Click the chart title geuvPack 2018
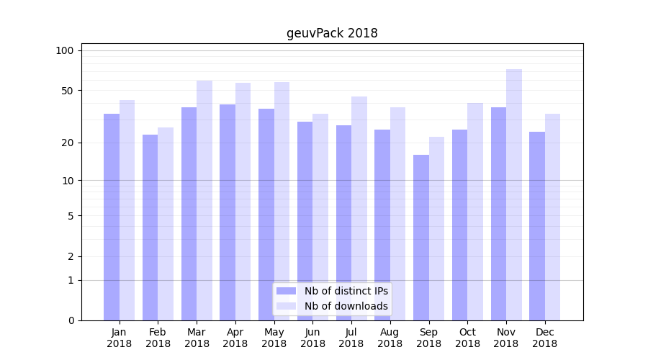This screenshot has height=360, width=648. [332, 33]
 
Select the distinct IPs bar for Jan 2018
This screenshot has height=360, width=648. [112, 217]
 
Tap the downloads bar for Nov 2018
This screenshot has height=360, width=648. [514, 194]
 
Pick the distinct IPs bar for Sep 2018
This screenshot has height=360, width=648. [421, 238]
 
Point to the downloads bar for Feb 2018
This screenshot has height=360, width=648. [166, 224]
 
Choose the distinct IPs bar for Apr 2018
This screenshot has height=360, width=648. [228, 212]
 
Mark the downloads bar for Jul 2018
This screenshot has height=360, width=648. [359, 208]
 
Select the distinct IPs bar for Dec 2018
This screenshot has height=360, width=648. [537, 226]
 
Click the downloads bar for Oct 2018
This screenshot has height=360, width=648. [475, 212]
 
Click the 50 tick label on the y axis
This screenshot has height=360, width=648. [68, 91]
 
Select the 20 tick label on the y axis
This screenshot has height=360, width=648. [68, 143]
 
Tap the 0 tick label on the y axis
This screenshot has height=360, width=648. [71, 320]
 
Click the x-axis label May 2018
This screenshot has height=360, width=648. [274, 338]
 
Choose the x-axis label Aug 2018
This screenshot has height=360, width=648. [390, 338]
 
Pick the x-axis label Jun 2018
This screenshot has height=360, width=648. [312, 338]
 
